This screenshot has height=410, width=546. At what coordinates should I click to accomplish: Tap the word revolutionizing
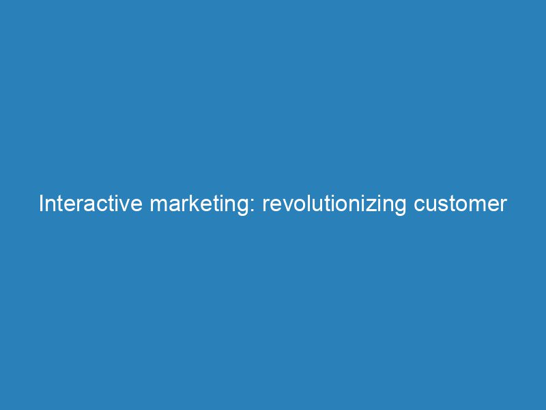(x=335, y=204)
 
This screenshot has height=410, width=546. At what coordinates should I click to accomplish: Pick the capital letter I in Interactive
(x=42, y=204)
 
